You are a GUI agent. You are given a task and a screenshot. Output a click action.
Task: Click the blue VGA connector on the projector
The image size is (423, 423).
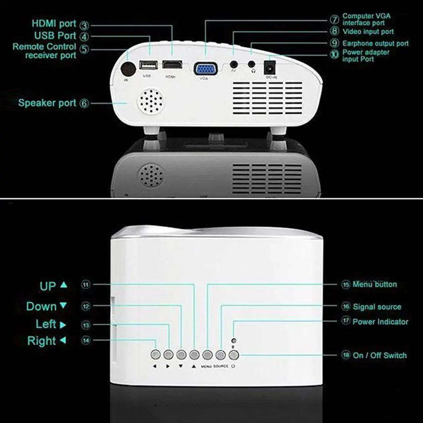205,68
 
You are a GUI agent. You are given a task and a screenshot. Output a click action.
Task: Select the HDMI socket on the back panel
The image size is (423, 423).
172,65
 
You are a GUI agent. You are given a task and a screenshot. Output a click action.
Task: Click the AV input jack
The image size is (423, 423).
234,65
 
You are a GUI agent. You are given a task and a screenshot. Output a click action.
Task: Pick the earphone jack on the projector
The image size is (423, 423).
252,65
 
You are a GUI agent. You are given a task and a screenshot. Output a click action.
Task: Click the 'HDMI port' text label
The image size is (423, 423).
54,23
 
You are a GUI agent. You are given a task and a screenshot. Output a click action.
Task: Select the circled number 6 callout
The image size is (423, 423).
85,103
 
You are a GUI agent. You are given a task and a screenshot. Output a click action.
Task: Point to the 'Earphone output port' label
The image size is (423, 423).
375,44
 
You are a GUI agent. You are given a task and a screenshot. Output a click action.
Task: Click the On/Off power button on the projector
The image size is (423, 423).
234,355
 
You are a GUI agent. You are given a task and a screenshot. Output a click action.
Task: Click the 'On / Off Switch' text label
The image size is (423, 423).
379,355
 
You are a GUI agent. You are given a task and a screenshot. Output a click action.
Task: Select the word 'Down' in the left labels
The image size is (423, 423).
41,306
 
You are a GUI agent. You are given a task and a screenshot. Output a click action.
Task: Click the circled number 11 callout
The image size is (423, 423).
86,285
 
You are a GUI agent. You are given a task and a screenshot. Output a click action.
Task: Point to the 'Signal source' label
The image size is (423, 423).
377,307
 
